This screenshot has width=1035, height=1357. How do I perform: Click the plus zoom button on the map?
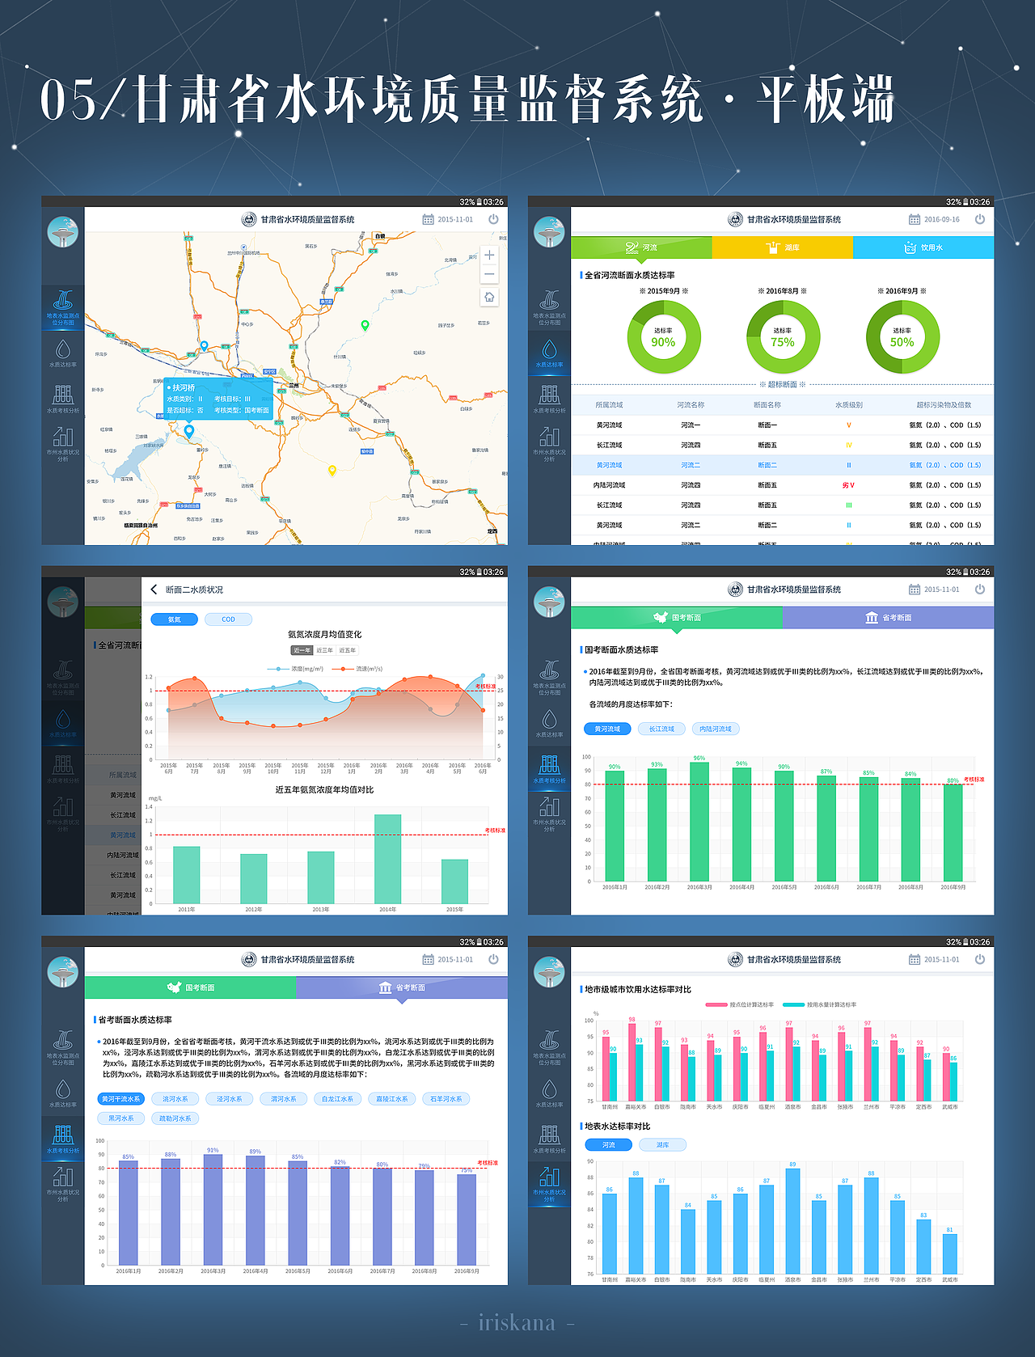point(489,255)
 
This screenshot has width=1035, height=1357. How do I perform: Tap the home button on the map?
point(489,297)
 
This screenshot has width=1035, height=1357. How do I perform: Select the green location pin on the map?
point(365,325)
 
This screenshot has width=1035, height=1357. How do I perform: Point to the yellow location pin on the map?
point(332,470)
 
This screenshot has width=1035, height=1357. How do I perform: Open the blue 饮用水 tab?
point(923,247)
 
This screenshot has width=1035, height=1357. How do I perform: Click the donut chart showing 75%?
point(782,337)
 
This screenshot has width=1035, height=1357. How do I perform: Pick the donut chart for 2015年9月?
point(663,337)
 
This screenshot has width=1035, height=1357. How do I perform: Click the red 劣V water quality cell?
point(848,485)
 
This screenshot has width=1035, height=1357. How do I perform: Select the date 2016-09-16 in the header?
point(941,219)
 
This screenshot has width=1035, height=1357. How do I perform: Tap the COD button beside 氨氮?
point(228,619)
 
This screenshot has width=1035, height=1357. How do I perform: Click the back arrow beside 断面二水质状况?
point(154,590)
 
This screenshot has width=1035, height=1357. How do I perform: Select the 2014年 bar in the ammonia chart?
point(387,859)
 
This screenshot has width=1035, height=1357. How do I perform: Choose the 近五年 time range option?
point(348,650)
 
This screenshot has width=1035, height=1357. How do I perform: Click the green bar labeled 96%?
point(699,821)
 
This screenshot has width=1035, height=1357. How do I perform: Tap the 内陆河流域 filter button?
point(715,729)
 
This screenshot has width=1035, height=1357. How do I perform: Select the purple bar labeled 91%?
point(213,1209)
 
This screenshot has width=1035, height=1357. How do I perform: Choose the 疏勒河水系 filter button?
point(175,1118)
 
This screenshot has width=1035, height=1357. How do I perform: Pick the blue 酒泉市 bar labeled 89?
point(792,1220)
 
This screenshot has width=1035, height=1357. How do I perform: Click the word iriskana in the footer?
point(517,1323)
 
